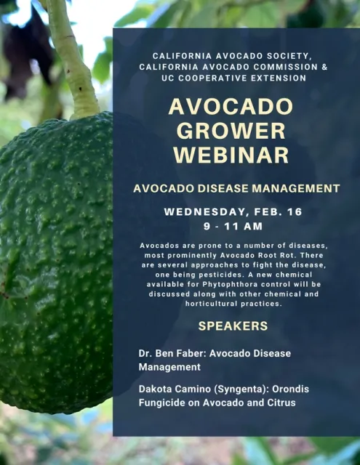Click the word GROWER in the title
(x=231, y=131)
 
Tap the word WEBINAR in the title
(x=231, y=155)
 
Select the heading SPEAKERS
(x=233, y=325)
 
